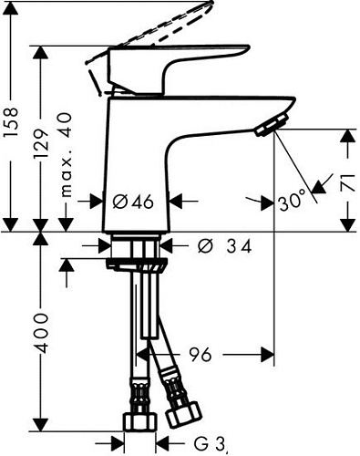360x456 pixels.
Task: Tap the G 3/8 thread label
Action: tap(210, 443)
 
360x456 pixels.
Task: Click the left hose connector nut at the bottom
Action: tap(138, 420)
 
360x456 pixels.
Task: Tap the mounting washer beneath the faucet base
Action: tap(136, 264)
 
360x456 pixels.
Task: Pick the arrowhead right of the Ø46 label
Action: tap(179, 202)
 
